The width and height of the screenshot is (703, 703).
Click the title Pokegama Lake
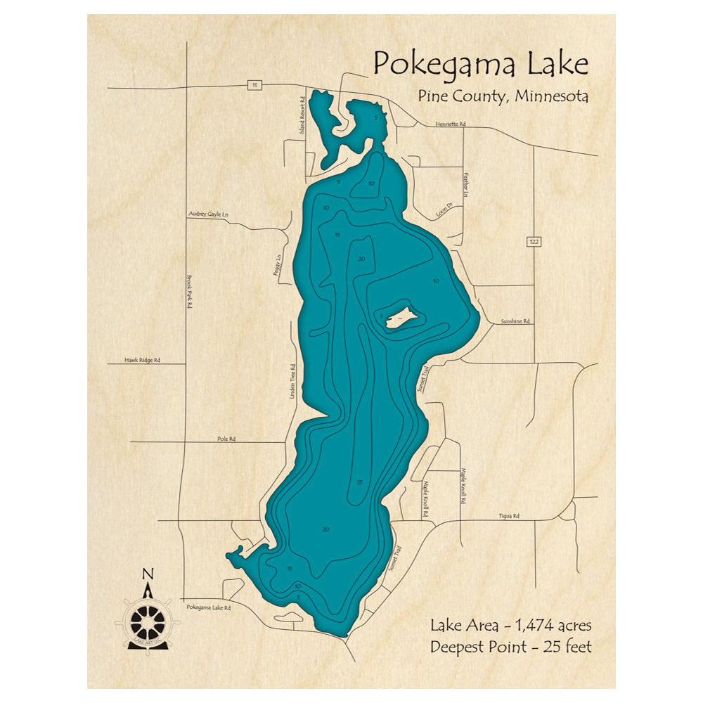480,64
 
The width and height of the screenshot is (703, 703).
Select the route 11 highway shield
254,85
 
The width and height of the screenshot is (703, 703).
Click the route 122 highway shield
534,242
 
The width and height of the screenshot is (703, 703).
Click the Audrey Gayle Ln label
209,212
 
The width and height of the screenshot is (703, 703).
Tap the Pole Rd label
226,439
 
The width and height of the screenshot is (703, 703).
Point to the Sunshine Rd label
515,321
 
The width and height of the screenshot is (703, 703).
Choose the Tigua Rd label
510,517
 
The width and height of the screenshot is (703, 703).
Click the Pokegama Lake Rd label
209,607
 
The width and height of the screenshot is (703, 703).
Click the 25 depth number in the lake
359,482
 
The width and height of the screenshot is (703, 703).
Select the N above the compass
148,574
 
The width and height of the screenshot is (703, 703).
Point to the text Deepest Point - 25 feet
512,646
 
